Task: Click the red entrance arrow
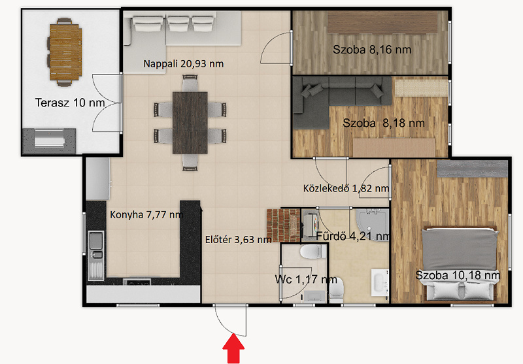tap(233, 349)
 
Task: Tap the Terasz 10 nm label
tap(70, 103)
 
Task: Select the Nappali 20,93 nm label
tap(184, 63)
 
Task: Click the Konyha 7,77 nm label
tap(146, 214)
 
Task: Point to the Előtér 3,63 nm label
tap(238, 239)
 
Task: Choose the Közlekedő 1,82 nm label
tap(346, 188)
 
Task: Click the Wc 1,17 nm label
tap(305, 279)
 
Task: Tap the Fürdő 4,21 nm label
tap(352, 236)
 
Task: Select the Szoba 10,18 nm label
tap(457, 275)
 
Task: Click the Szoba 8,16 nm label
tap(372, 50)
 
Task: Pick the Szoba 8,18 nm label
tap(384, 123)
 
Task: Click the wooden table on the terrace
tap(65, 52)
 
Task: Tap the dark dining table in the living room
tap(190, 123)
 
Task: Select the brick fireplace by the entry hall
tap(283, 225)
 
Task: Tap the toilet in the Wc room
tap(313, 252)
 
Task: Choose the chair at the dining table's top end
tap(190, 82)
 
